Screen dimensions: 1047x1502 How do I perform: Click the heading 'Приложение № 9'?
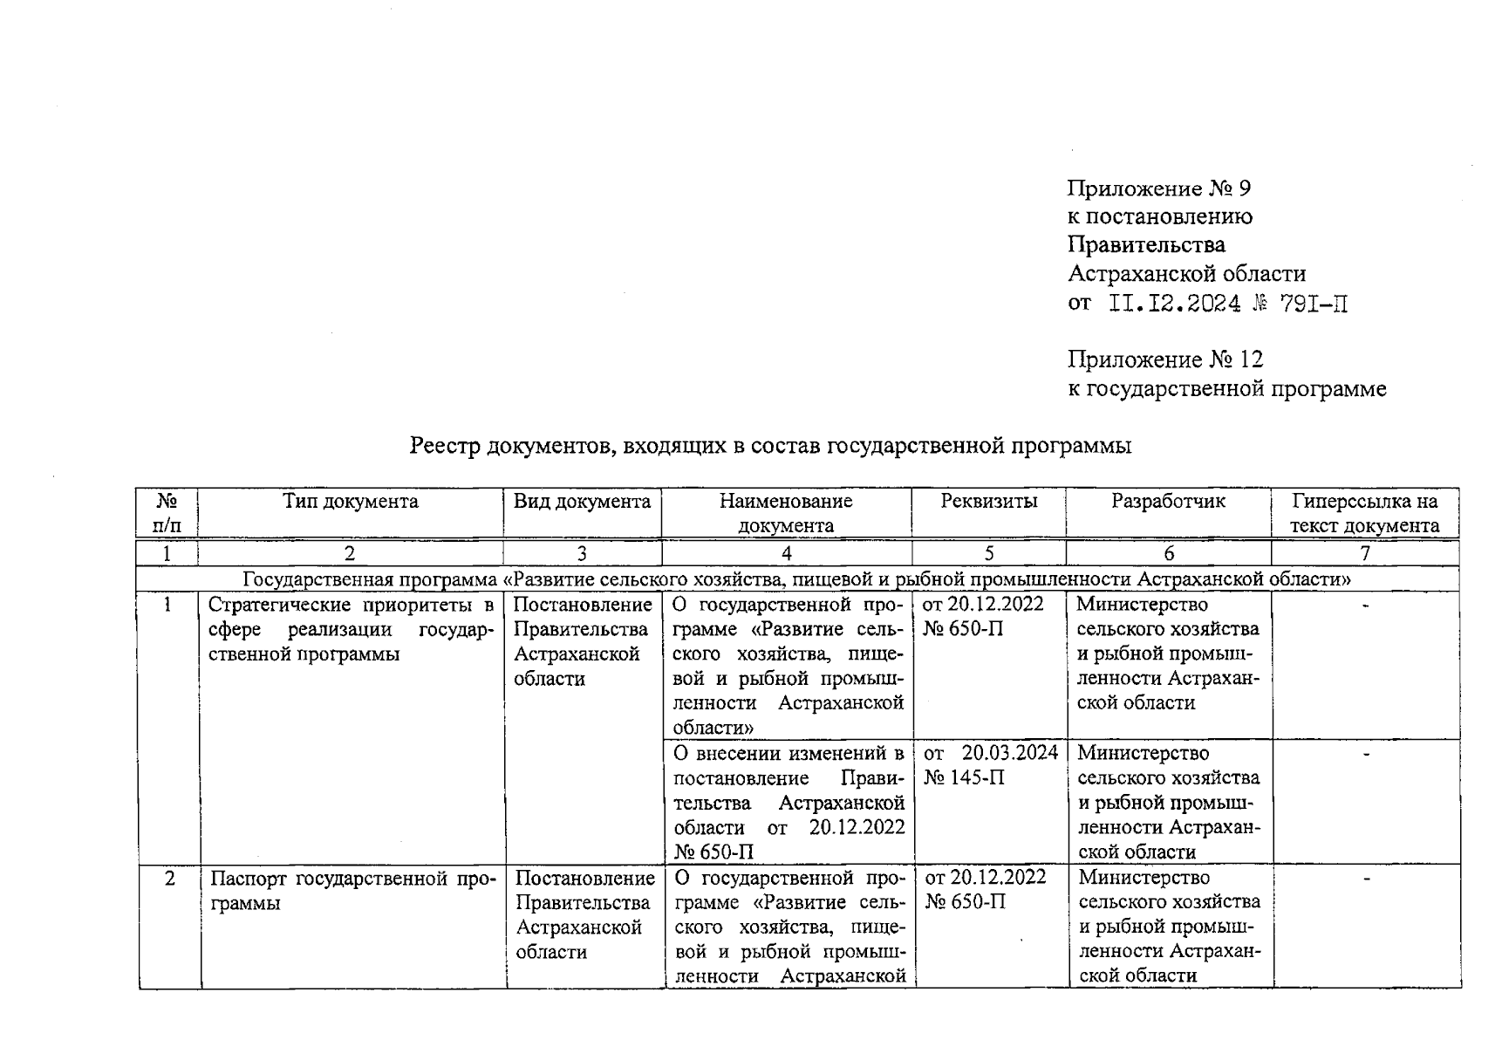pyautogui.click(x=1159, y=188)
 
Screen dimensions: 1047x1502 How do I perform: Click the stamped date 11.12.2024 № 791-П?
pyautogui.click(x=1228, y=304)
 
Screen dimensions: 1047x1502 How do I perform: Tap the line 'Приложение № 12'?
pyautogui.click(x=1165, y=359)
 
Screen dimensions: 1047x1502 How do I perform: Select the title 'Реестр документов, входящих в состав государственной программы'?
pyautogui.click(x=770, y=446)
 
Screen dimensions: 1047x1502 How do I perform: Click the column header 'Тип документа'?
pyautogui.click(x=350, y=502)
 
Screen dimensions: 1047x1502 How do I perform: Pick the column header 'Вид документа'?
pyautogui.click(x=582, y=502)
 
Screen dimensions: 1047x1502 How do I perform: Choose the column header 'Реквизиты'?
pyautogui.click(x=988, y=502)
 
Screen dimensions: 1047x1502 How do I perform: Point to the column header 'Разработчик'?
pyautogui.click(x=1168, y=502)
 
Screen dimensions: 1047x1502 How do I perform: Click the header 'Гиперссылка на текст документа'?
pyautogui.click(x=1364, y=513)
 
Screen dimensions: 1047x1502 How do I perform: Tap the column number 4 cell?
pyautogui.click(x=786, y=553)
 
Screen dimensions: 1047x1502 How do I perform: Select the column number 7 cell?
pyautogui.click(x=1364, y=553)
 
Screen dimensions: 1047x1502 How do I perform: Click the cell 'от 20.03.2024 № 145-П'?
pyautogui.click(x=990, y=764)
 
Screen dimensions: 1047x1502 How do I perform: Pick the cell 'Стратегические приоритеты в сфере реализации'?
pyautogui.click(x=351, y=629)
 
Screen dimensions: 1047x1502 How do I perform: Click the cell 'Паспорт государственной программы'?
pyautogui.click(x=352, y=890)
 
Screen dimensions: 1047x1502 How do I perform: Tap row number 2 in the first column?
pyautogui.click(x=169, y=878)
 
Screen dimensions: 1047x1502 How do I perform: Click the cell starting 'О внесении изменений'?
pyautogui.click(x=788, y=801)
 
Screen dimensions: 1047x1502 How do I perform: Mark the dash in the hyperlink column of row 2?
pyautogui.click(x=1366, y=877)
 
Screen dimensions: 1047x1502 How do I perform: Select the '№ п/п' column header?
pyautogui.click(x=167, y=513)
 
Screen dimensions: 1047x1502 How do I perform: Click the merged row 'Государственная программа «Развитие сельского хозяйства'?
pyautogui.click(x=796, y=578)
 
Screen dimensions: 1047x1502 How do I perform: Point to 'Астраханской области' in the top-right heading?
pyautogui.click(x=1186, y=274)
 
